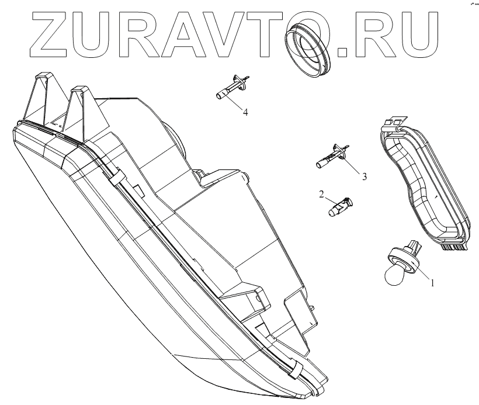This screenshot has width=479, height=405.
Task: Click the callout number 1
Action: tap(432, 281)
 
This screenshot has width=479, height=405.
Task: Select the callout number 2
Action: tap(321, 193)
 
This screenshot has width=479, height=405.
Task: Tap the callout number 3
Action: tap(364, 176)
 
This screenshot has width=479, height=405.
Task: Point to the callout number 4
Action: tap(245, 112)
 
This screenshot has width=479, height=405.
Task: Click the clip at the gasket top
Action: tap(393, 122)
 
